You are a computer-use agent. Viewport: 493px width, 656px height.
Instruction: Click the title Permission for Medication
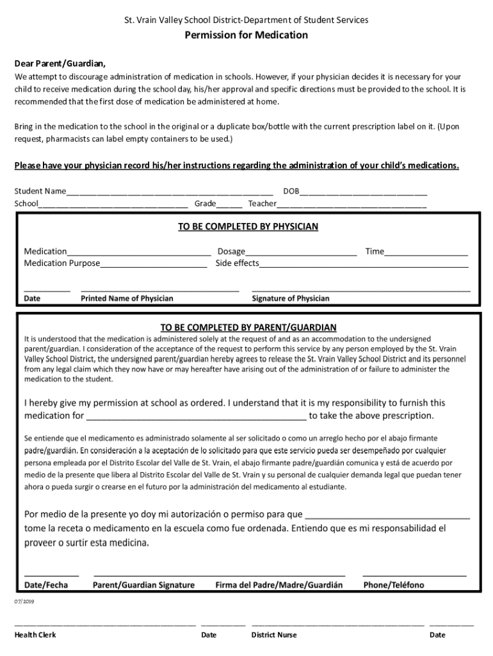pyautogui.click(x=246, y=35)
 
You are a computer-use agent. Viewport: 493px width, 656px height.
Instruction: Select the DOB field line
pyautogui.click(x=363, y=192)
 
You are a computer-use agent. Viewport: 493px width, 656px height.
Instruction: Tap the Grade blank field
pyautogui.click(x=229, y=204)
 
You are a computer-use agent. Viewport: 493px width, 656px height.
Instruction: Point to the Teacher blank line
pyautogui.click(x=352, y=204)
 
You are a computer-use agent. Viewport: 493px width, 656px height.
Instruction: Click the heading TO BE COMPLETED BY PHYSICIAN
pyautogui.click(x=248, y=226)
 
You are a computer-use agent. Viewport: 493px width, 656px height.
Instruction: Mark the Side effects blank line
pyautogui.click(x=364, y=264)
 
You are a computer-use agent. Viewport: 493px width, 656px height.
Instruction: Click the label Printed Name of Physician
pyautogui.click(x=127, y=299)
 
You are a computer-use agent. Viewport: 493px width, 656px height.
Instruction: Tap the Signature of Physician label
pyautogui.click(x=291, y=299)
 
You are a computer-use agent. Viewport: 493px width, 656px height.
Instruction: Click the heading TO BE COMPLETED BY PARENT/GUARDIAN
pyautogui.click(x=248, y=327)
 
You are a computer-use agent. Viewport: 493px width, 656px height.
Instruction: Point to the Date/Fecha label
pyautogui.click(x=46, y=585)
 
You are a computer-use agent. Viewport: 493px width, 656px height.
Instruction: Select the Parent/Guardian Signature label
pyautogui.click(x=143, y=585)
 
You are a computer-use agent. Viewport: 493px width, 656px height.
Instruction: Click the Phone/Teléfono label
pyautogui.click(x=393, y=585)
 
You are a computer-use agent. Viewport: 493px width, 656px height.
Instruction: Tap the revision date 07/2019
pyautogui.click(x=24, y=602)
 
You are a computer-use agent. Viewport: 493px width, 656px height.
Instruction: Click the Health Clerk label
pyautogui.click(x=35, y=635)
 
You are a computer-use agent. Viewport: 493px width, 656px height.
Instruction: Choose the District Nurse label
pyautogui.click(x=274, y=635)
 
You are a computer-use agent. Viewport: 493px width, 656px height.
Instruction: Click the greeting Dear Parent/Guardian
pyautogui.click(x=60, y=63)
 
